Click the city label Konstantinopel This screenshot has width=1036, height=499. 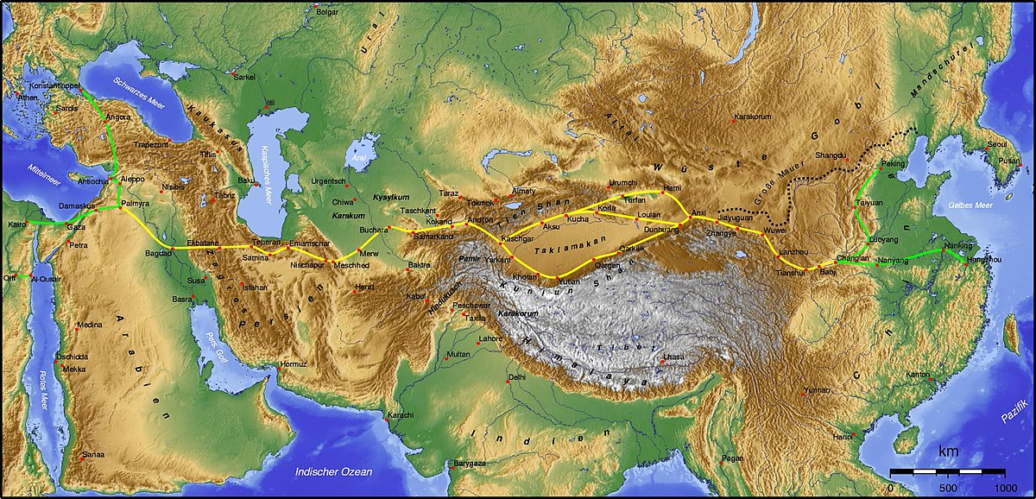click(54, 87)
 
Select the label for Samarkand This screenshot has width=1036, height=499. click(429, 237)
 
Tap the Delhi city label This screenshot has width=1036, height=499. click(517, 377)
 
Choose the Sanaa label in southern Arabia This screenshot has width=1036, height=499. click(92, 454)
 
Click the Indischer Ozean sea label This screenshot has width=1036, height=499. click(333, 471)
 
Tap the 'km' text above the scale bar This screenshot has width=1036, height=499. click(949, 452)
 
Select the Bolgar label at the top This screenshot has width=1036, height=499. click(329, 11)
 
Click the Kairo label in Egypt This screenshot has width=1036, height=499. click(16, 224)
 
